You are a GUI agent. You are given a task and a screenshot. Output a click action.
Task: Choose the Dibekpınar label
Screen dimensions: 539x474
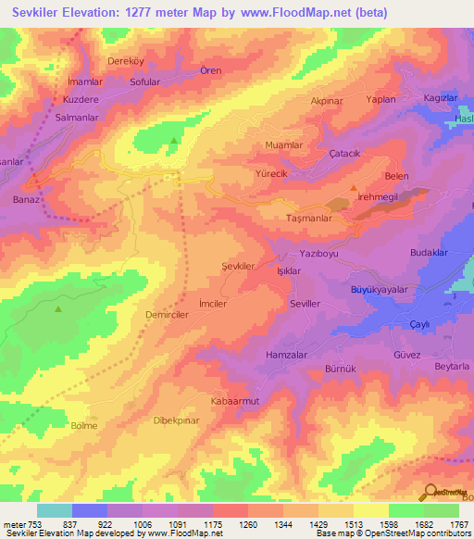pos(176,420)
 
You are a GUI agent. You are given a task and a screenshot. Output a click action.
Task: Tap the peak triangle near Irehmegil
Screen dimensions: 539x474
pos(354,188)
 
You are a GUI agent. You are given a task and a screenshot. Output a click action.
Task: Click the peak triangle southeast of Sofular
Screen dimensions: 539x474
pos(174,141)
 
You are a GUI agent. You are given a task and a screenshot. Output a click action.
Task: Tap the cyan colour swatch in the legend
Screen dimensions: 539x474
pos(54,510)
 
